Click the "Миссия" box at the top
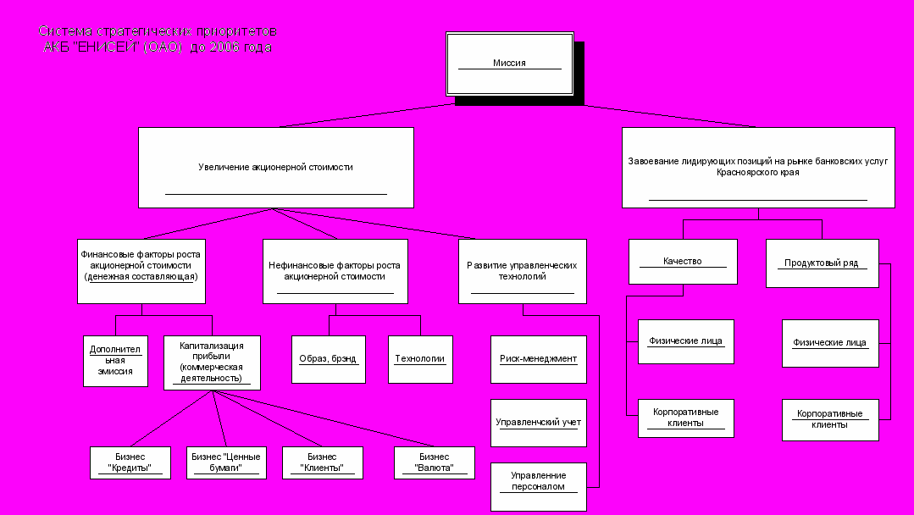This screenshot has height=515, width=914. point(509,64)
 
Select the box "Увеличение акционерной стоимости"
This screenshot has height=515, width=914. point(275,168)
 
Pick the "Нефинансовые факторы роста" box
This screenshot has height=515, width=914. point(335,271)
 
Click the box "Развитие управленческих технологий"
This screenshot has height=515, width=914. point(522,271)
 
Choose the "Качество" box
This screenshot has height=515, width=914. point(683,262)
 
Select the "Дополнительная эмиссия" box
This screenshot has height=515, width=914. point(115,361)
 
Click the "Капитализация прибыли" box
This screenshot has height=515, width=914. point(212,363)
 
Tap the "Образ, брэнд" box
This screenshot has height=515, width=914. point(329,359)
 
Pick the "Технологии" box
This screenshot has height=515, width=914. point(420,359)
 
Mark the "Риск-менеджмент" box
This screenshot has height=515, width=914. point(538,359)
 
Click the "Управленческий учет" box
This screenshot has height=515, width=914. point(538,422)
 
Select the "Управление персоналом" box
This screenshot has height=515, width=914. point(538,485)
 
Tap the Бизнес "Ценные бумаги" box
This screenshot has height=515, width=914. point(226,462)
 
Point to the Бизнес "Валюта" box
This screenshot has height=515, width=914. point(434,462)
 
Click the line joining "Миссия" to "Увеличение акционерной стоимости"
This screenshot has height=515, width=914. point(364,116)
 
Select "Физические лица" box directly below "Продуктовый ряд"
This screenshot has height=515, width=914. point(829,343)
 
